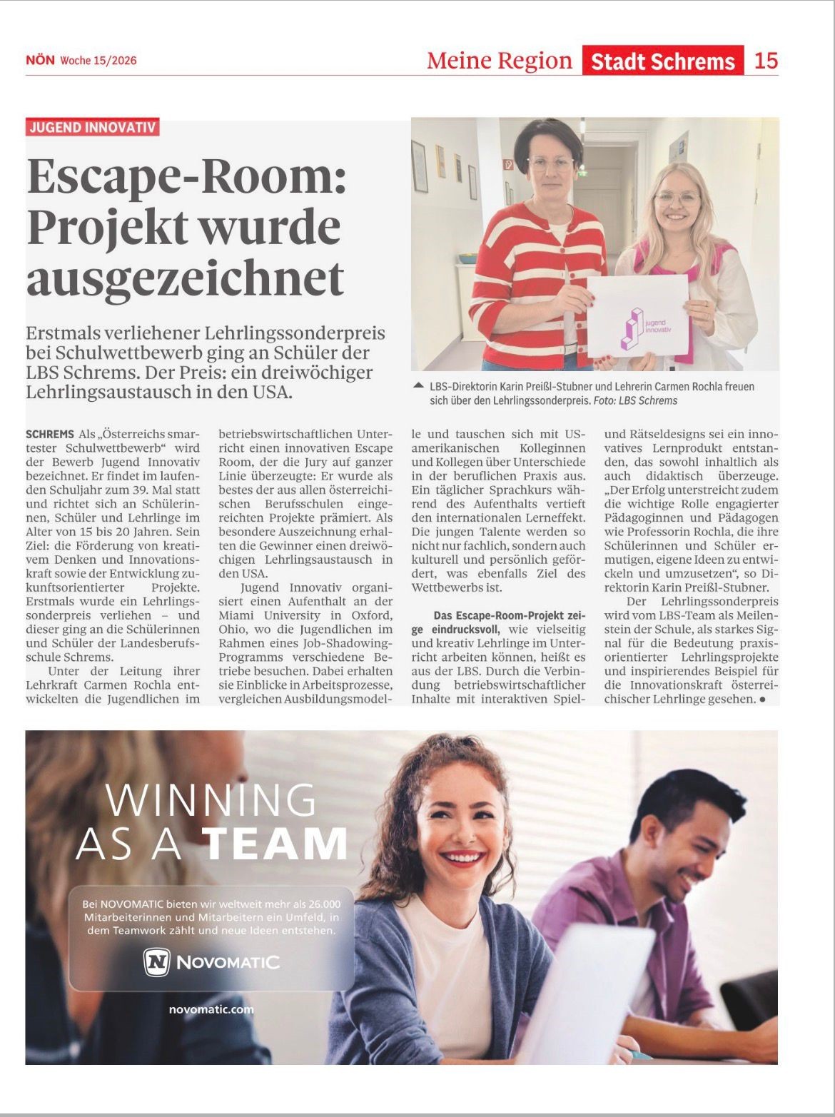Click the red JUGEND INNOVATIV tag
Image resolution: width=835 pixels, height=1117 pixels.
[92, 127]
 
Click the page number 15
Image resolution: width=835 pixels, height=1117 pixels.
[765, 61]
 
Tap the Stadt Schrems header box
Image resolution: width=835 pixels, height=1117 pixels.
[662, 61]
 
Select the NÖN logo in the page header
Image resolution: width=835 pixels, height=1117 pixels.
[40, 61]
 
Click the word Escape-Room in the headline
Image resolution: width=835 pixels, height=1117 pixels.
[186, 177]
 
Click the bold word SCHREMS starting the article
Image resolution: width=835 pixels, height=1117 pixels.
[50, 434]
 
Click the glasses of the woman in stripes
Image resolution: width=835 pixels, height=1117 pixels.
[550, 164]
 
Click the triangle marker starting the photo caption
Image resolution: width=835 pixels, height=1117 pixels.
[418, 386]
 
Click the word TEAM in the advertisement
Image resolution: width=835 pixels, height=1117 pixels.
[276, 844]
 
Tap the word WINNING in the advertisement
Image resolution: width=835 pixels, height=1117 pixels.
[211, 801]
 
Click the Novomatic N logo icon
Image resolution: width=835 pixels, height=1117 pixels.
[156, 962]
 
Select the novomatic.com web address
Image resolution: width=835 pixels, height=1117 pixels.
[211, 1009]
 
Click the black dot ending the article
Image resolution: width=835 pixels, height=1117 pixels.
[762, 700]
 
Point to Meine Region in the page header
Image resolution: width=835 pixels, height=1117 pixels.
[499, 61]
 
